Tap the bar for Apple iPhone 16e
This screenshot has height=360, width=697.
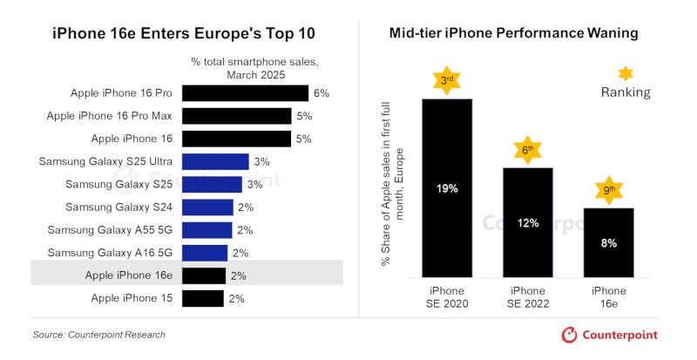pyautogui.click(x=204, y=275)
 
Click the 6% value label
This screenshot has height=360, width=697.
pyautogui.click(x=321, y=93)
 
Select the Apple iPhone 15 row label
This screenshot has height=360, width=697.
pyautogui.click(x=132, y=298)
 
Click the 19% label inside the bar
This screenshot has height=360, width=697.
pyautogui.click(x=447, y=187)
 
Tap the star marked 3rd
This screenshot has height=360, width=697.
pyautogui.click(x=447, y=80)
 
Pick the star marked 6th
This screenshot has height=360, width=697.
pyautogui.click(x=528, y=149)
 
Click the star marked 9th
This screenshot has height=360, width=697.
pyautogui.click(x=608, y=189)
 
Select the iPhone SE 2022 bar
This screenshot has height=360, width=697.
pyautogui.click(x=528, y=222)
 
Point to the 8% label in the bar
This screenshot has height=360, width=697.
pyautogui.click(x=608, y=243)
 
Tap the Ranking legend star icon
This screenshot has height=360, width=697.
pyautogui.click(x=626, y=74)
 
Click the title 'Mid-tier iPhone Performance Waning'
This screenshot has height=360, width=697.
pyautogui.click(x=514, y=33)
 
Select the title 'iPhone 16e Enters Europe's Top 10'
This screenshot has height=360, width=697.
pyautogui.click(x=184, y=33)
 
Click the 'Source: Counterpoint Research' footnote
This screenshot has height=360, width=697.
pyautogui.click(x=98, y=335)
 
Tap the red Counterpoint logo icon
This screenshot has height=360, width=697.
pyautogui.click(x=569, y=335)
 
